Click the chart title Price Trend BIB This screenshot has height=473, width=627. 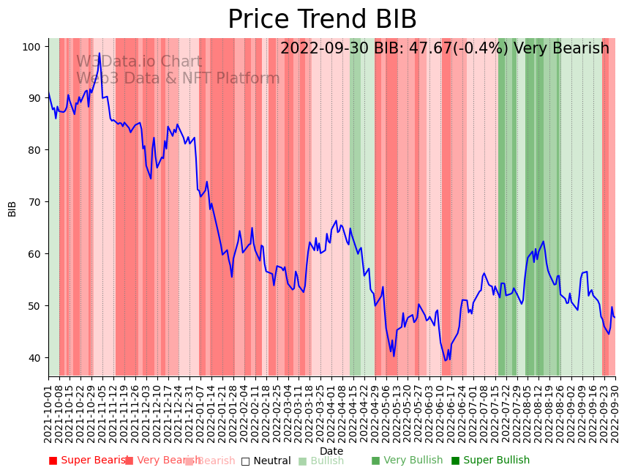pos(322,20)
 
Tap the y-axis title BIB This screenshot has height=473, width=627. pos(12,208)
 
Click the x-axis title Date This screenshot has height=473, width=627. pos(331,452)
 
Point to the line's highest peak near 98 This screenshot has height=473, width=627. pos(100,53)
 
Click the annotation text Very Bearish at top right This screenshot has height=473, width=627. pos(561,49)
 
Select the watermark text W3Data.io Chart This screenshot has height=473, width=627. pos(139,62)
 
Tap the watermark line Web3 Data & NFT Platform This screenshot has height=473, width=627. pos(178,78)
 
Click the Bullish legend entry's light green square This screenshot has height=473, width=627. pos(302,461)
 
